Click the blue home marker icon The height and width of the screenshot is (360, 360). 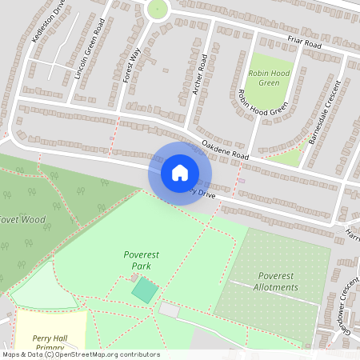180,173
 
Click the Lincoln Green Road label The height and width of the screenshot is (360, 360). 89,51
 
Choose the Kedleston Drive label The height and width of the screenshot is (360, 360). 46,22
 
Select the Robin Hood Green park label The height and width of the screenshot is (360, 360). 270,77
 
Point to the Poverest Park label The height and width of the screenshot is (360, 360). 137,260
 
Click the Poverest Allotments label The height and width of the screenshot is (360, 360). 278,281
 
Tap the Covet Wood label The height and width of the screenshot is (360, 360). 22,219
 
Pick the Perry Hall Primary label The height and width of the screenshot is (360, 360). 47,343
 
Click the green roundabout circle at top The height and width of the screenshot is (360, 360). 158,9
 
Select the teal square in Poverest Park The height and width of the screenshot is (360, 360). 145,290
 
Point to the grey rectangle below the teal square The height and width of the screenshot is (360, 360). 170,310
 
